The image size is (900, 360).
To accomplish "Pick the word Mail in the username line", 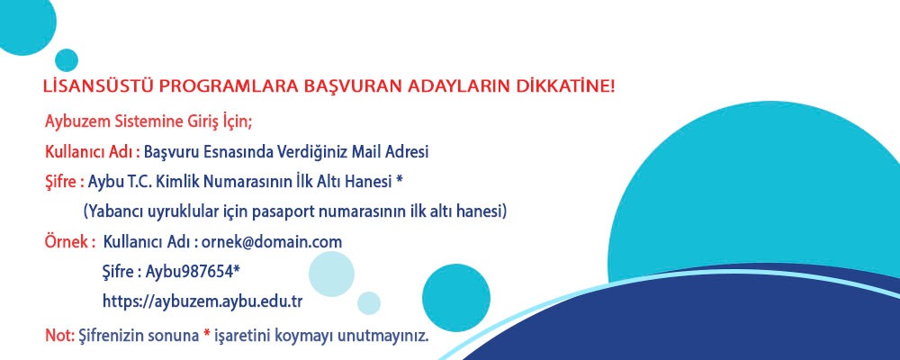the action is [364, 152].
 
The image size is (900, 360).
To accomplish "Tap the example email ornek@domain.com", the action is [272, 242].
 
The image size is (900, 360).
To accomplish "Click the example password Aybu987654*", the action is [193, 272].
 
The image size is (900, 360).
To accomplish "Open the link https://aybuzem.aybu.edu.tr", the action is [202, 301].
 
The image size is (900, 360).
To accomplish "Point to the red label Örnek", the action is [67, 242].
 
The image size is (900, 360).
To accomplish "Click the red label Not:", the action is [59, 336].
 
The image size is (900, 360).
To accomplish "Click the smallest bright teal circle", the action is [67, 60].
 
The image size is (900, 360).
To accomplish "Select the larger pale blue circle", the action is [331, 274].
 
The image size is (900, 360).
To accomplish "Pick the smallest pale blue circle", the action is [368, 303].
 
